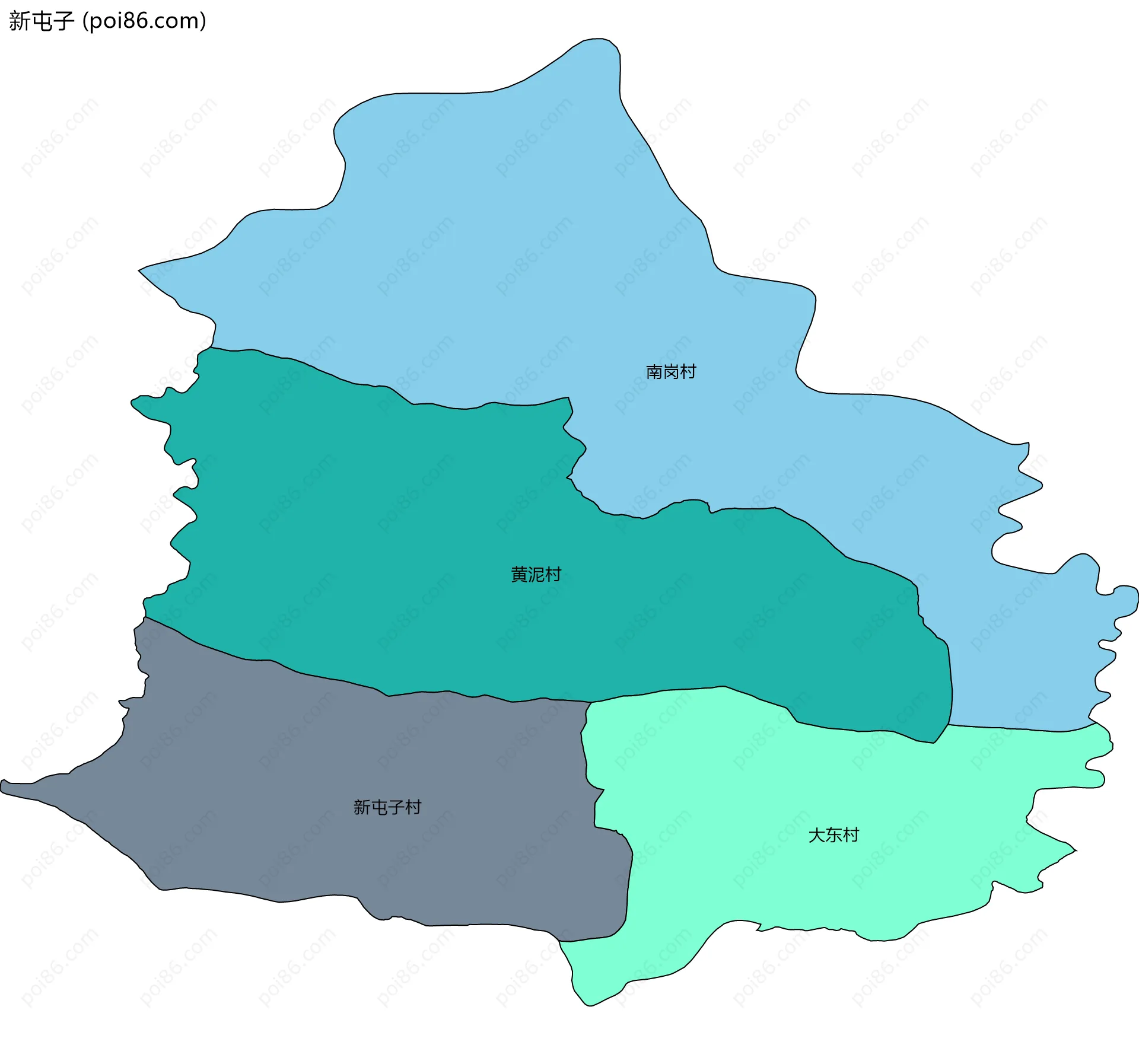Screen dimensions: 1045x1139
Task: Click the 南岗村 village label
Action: point(670,372)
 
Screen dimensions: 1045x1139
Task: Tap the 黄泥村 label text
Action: point(536,574)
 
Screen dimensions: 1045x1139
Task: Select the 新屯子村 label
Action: point(387,807)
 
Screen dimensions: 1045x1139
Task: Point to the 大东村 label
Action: point(833,835)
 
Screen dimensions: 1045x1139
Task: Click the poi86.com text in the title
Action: point(144,21)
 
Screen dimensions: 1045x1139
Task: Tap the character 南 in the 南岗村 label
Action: point(654,372)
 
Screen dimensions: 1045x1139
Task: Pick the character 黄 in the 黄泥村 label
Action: point(519,574)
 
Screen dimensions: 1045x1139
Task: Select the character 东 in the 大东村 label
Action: point(833,835)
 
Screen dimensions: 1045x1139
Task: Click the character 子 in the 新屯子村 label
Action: point(396,807)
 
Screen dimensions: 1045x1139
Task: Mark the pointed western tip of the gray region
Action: point(2,786)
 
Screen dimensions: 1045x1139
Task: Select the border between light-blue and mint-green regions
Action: point(1020,729)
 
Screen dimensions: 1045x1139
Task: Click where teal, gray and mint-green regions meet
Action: point(591,702)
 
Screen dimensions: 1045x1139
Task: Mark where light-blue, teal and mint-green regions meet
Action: point(949,724)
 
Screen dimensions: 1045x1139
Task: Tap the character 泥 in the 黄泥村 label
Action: point(536,574)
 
